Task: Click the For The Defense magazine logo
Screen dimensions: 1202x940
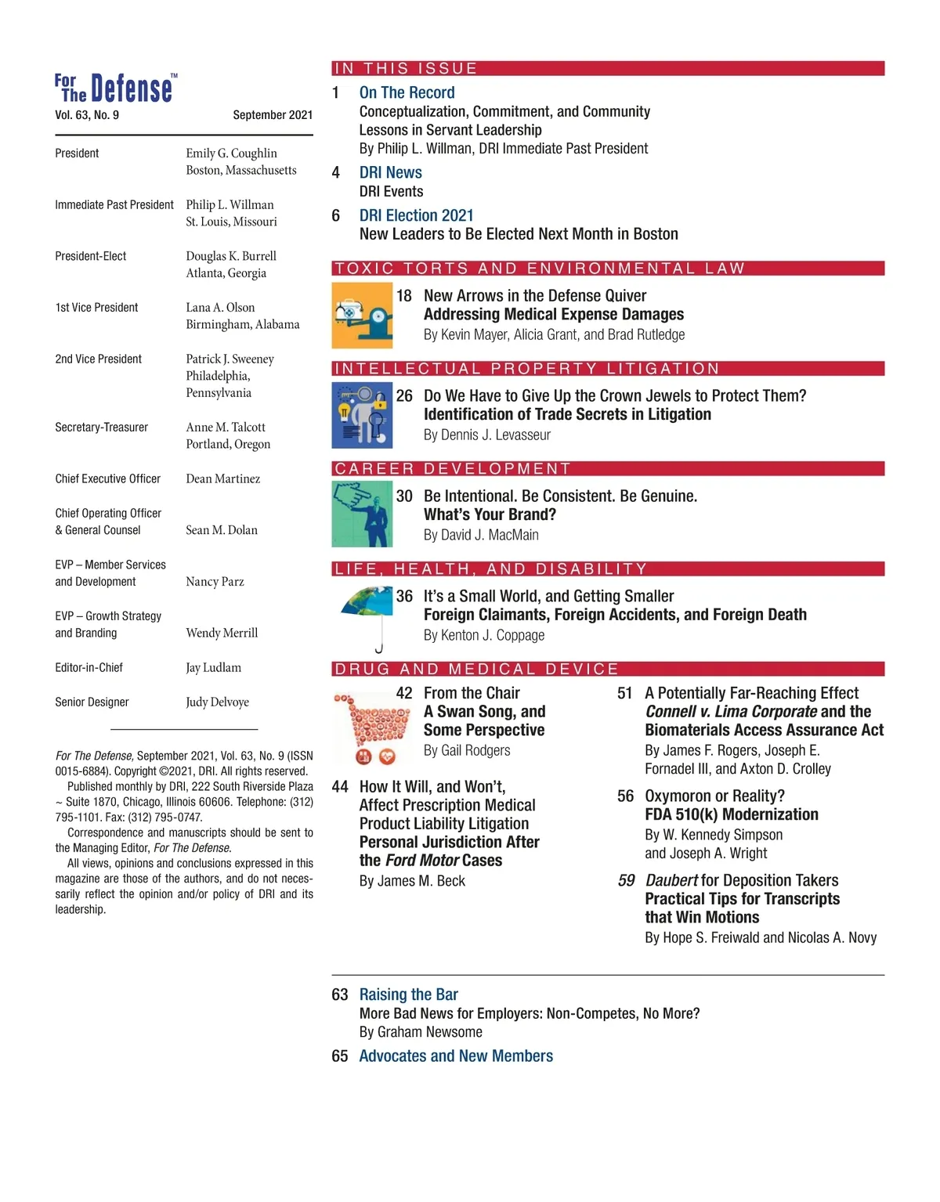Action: click(x=115, y=88)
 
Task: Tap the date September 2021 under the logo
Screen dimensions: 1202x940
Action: click(x=273, y=115)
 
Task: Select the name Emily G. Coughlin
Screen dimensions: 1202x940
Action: click(x=231, y=153)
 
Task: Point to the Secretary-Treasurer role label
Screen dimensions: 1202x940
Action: click(x=101, y=428)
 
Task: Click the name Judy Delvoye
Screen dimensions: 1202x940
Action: click(x=217, y=702)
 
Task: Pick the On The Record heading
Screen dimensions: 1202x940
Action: click(x=407, y=92)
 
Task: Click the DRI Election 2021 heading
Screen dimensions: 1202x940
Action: click(x=416, y=215)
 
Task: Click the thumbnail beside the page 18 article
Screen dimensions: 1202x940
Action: click(x=362, y=316)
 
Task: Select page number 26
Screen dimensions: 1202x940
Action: click(x=404, y=396)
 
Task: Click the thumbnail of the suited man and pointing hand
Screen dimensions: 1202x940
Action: click(x=362, y=514)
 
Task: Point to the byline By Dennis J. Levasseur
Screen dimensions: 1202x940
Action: click(x=486, y=435)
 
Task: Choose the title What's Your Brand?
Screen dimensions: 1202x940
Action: click(x=490, y=515)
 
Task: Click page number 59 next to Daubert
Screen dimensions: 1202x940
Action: click(x=626, y=881)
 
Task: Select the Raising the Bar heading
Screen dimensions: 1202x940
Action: click(x=408, y=994)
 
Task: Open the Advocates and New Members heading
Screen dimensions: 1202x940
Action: click(x=456, y=1056)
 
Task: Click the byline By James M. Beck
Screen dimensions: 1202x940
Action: click(x=412, y=882)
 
